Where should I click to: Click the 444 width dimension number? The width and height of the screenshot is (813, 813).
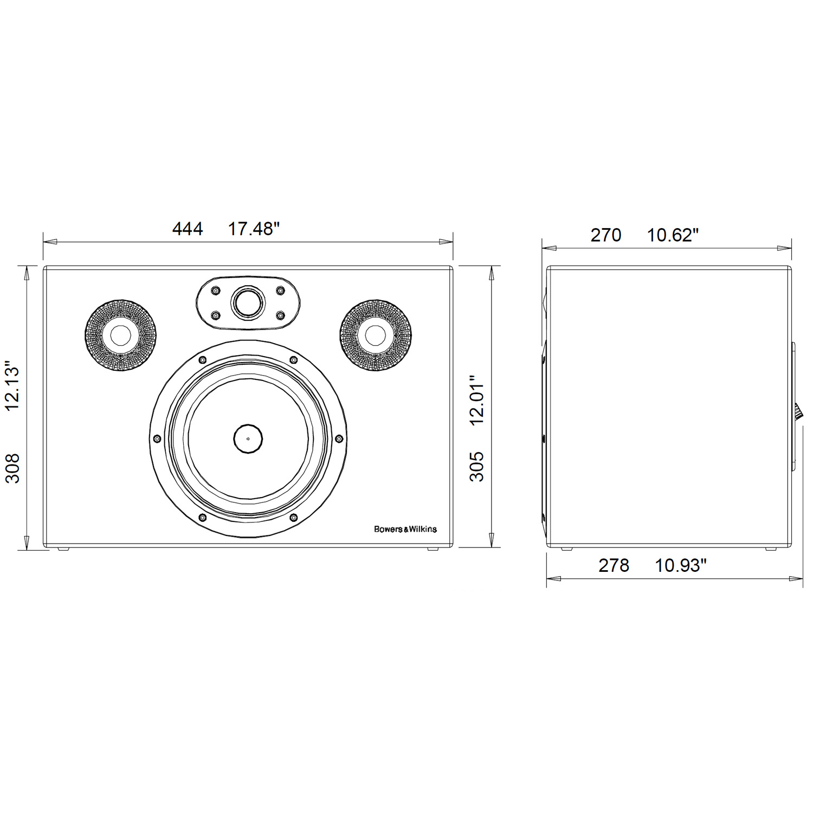188,229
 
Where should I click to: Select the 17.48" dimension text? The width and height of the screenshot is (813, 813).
253,229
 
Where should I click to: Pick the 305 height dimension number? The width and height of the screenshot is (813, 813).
476,467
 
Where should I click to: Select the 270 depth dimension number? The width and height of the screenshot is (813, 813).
605,235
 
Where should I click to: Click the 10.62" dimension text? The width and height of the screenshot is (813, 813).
673,235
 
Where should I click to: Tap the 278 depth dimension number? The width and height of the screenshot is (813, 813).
614,565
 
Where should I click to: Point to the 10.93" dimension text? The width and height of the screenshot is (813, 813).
681,565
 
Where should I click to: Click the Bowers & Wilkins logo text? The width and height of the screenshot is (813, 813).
405,529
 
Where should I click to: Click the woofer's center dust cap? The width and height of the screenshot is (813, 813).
248,438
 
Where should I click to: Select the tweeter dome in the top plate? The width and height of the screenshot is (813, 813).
248,302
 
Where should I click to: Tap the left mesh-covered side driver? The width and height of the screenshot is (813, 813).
120,335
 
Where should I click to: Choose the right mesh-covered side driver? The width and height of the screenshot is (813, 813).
375,335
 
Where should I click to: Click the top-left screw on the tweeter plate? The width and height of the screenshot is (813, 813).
216,291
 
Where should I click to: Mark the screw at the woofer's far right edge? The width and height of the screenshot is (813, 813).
339,438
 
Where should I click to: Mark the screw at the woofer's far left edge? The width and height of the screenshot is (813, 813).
157,438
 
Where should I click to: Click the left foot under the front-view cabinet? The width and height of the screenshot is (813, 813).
64,549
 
